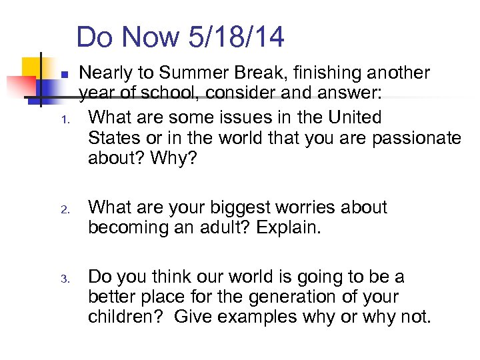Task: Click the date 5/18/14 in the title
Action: pyautogui.click(x=237, y=37)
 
